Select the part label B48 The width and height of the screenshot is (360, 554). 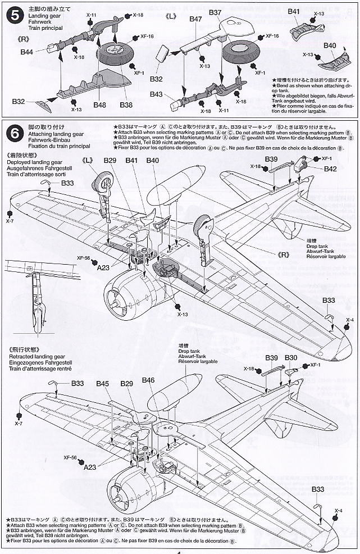[101, 105]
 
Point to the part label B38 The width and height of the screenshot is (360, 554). [126, 105]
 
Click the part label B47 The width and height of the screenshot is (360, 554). [195, 19]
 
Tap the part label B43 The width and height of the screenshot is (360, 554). [156, 94]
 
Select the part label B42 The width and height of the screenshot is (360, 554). [330, 169]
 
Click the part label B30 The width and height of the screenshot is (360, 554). [291, 358]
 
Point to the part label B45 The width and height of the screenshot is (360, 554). [102, 384]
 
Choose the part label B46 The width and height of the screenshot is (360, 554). [148, 380]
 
